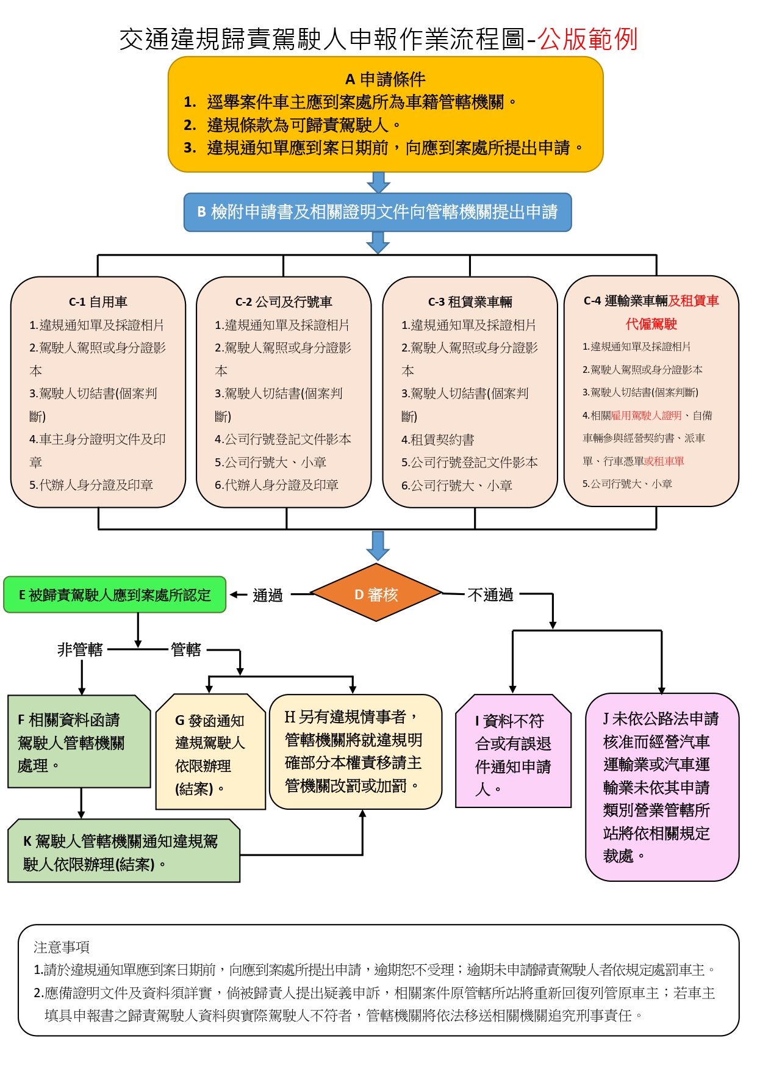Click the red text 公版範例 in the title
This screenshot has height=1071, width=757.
tap(587, 39)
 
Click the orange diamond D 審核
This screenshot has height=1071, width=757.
tap(376, 594)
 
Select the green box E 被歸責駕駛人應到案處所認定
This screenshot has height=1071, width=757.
tap(115, 594)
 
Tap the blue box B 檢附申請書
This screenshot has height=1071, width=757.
tap(378, 212)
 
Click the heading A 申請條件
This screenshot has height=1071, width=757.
tap(385, 79)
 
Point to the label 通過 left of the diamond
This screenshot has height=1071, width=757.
tap(268, 595)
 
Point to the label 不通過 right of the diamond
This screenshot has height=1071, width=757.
tap(490, 594)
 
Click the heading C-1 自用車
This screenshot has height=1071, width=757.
tap(98, 301)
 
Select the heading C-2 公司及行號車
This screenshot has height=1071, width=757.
tap(284, 301)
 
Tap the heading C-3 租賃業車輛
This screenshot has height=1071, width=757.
tap(470, 301)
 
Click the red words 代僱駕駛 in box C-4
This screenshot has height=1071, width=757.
tap(651, 323)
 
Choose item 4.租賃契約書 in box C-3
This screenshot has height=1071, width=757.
tap(437, 439)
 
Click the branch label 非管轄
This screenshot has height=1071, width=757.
tap(80, 649)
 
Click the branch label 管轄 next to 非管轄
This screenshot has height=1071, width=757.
tap(186, 649)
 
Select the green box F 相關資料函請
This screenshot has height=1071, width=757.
tap(79, 741)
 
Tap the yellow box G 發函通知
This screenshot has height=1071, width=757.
tap(210, 752)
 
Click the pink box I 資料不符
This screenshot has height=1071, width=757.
tap(513, 752)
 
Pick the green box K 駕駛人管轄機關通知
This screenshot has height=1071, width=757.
tap(123, 851)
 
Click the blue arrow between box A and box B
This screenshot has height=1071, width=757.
tap(378, 182)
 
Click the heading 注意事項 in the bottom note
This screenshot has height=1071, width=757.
tap(62, 947)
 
